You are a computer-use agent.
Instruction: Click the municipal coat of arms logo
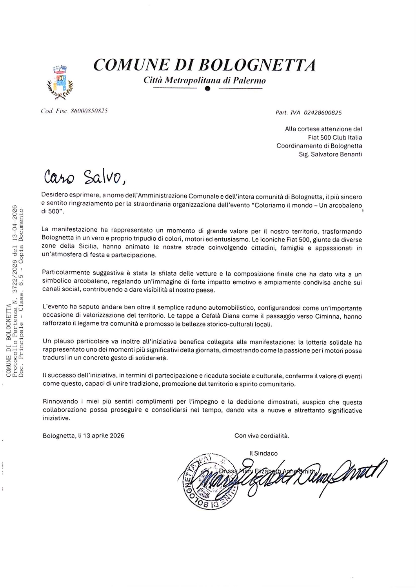[60, 81]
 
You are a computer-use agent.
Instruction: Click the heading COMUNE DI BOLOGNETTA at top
[204, 65]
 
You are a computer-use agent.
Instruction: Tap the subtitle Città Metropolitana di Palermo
[205, 80]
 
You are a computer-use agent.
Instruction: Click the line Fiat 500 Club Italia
[335, 137]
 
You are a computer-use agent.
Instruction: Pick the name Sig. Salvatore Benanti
[331, 154]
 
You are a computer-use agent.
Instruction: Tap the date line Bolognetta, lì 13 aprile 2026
[84, 436]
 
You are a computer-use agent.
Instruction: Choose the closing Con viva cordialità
[262, 436]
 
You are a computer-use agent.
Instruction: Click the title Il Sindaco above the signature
[263, 453]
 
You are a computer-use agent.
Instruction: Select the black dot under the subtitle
[207, 89]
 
